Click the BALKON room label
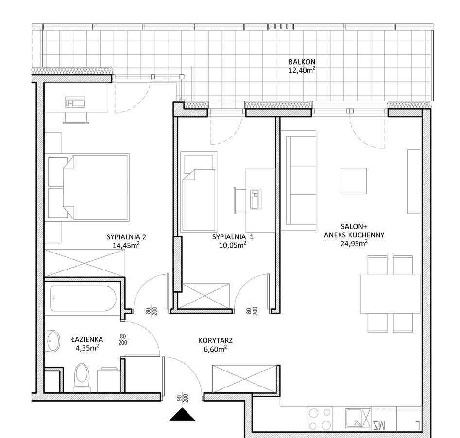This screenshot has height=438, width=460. click(x=302, y=62)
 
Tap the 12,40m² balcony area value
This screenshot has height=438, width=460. click(x=302, y=70)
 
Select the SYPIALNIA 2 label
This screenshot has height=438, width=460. click(x=126, y=237)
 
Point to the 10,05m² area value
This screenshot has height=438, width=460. click(x=232, y=245)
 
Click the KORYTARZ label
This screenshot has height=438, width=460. click(x=215, y=340)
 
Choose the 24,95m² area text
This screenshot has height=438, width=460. click(x=354, y=243)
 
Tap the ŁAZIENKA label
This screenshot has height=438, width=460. click(x=87, y=339)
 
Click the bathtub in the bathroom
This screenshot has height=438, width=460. click(x=83, y=298)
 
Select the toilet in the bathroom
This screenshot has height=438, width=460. click(x=82, y=377)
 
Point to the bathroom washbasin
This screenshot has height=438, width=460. click(x=53, y=341)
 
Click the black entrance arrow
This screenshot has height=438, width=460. click(x=182, y=414)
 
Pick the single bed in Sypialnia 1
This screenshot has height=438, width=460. click(x=199, y=192)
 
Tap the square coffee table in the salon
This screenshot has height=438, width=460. click(x=354, y=181)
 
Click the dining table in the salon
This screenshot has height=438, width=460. click(x=390, y=294)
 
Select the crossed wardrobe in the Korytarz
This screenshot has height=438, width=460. click(x=245, y=379)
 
